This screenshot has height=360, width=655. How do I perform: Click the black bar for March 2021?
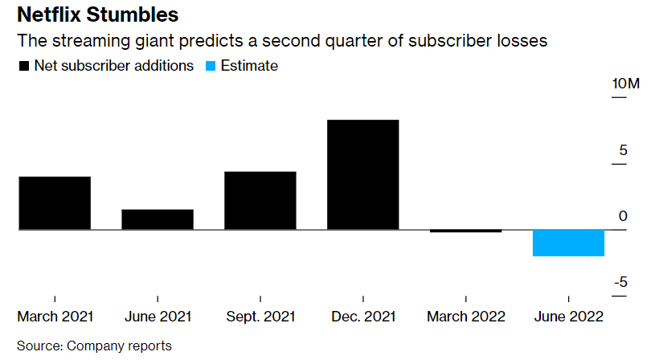[55, 203]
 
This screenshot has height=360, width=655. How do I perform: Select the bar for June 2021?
[158, 219]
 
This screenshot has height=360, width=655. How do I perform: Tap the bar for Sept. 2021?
[260, 201]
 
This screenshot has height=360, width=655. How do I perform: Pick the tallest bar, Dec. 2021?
[363, 175]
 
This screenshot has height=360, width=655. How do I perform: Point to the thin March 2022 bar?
[466, 231]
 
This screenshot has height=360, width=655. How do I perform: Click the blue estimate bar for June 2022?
[568, 243]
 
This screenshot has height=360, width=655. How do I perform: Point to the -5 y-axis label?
[621, 283]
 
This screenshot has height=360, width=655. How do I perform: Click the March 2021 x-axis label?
[55, 317]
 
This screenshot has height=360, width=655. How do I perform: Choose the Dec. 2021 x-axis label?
[363, 317]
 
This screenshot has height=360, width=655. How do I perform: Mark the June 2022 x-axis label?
[568, 317]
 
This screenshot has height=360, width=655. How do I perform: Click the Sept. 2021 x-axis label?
[260, 317]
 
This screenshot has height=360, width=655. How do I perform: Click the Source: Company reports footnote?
[94, 346]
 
